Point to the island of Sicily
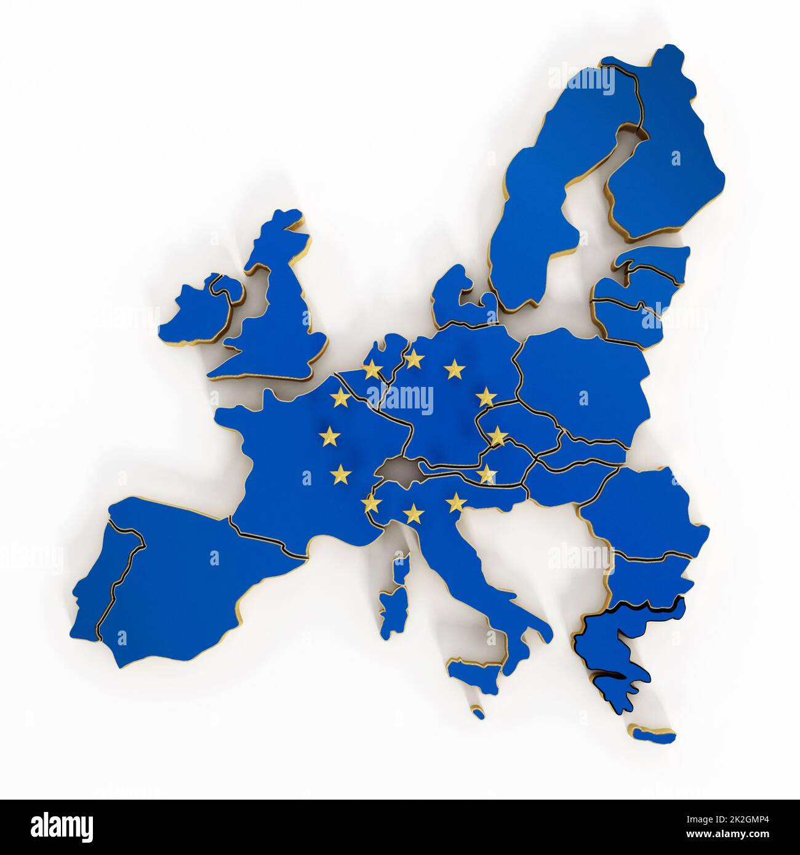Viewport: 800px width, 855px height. coord(472,669)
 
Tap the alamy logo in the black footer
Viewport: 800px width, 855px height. coord(62,824)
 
